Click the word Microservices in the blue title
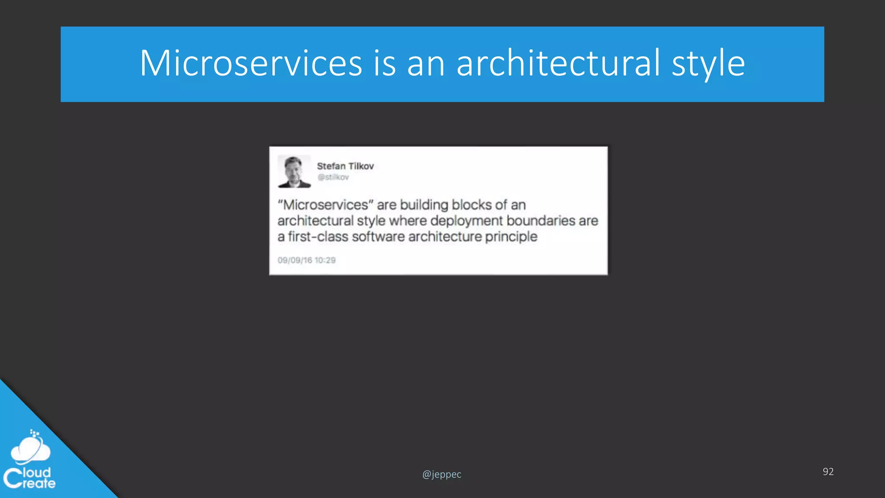pos(251,64)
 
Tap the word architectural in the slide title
pos(558,64)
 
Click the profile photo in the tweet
pos(294,172)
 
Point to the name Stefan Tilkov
pos(345,166)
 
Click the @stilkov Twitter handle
pos(333,177)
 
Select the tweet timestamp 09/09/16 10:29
pos(306,260)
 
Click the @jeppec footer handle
pos(442,474)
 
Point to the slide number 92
pos(828,472)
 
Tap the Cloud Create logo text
pos(30,478)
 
